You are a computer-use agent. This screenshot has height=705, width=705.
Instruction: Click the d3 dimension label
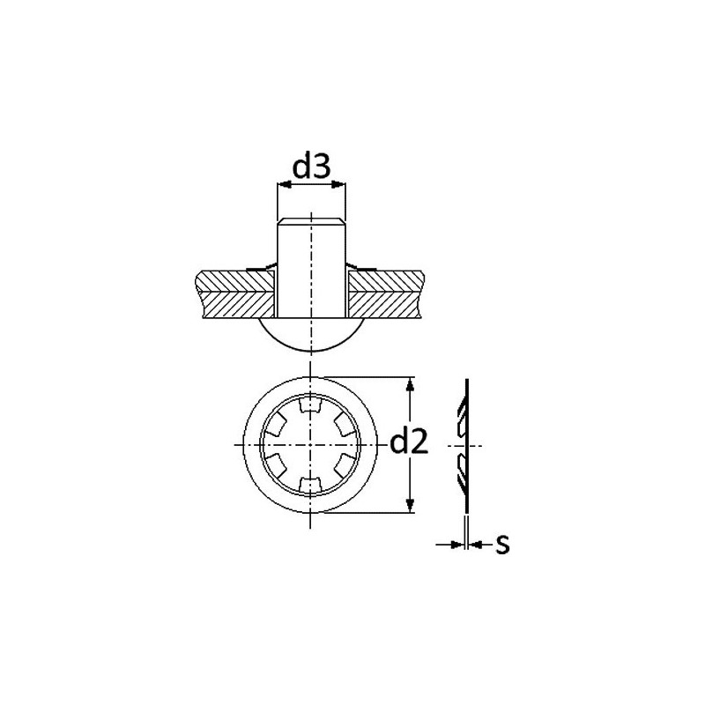(x=312, y=167)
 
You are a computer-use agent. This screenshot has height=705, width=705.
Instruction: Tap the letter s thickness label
(x=502, y=545)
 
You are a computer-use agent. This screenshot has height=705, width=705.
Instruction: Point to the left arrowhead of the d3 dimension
(x=284, y=184)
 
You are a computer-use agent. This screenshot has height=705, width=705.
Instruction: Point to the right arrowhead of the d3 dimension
(x=339, y=184)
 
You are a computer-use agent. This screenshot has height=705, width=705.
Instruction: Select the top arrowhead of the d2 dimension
(x=410, y=384)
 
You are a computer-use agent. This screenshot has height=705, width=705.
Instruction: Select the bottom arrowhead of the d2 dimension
(x=410, y=505)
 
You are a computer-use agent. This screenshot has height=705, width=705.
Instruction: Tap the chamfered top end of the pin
(x=311, y=221)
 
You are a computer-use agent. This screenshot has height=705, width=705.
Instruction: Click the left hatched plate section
(x=235, y=294)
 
